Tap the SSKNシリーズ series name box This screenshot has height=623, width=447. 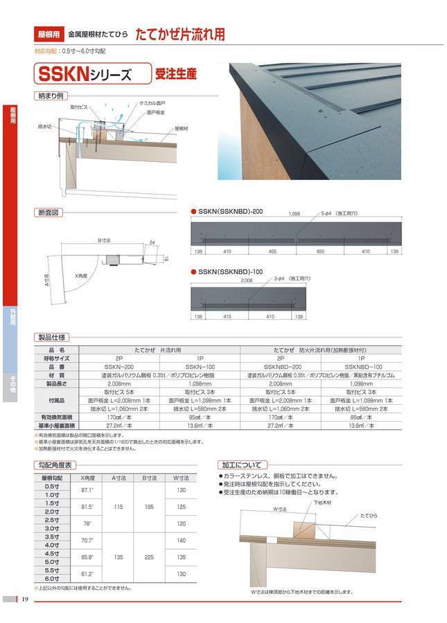[x=93, y=73]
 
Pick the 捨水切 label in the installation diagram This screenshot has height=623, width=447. [x=45, y=127]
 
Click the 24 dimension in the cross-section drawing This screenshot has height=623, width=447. [x=152, y=242]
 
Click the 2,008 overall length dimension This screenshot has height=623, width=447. [x=247, y=281]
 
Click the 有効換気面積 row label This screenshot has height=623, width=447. [x=57, y=418]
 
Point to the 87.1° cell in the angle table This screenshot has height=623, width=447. [x=88, y=489]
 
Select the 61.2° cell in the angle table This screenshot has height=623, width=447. [x=88, y=574]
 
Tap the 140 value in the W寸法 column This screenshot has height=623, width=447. [x=182, y=540]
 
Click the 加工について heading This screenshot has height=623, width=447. [x=242, y=464]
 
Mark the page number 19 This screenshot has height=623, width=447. [x=25, y=599]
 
